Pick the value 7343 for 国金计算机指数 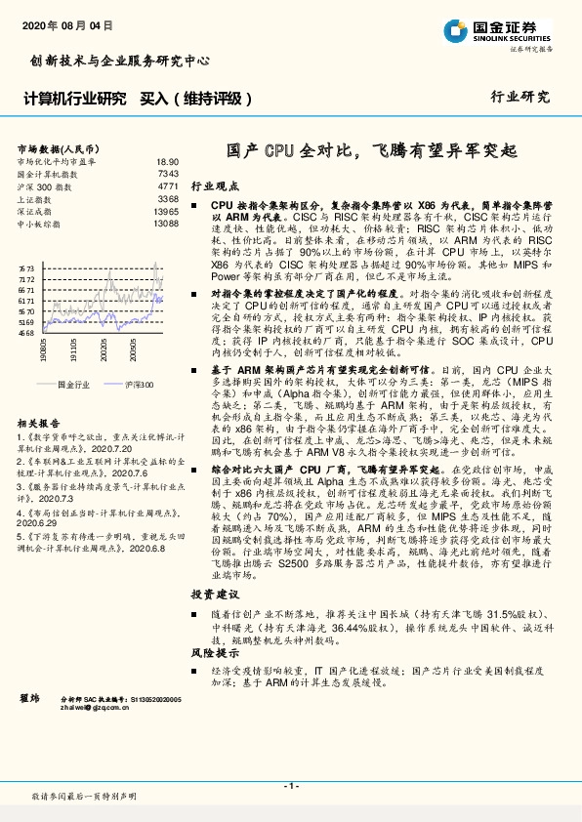point(168,173)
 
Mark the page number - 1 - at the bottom point(290,785)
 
